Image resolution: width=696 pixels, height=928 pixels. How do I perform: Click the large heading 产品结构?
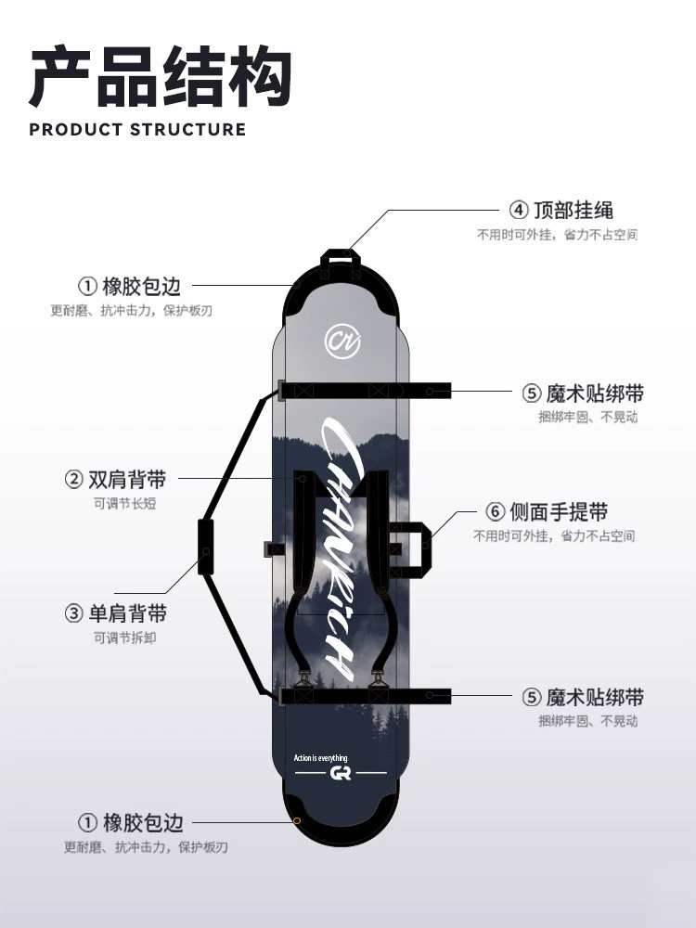[161, 78]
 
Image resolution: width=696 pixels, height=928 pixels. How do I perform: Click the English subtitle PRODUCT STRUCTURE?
[137, 130]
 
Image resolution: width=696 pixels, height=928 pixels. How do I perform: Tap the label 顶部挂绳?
[574, 210]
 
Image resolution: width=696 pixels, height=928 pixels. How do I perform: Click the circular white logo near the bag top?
[342, 341]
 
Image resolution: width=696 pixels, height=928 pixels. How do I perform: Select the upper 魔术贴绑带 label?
[595, 393]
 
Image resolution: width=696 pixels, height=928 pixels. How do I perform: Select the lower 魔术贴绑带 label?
[595, 697]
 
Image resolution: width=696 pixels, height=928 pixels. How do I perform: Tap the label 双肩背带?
[127, 480]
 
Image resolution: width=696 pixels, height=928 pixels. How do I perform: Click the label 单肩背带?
[127, 613]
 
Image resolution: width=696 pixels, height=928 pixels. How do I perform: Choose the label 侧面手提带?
[559, 511]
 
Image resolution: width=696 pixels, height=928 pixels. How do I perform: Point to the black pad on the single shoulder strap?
[205, 547]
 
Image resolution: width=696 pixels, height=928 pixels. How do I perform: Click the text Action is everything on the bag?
[321, 758]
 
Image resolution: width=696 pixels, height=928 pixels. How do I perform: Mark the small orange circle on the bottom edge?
[297, 821]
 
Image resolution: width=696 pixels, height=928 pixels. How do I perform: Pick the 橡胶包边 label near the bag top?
[141, 287]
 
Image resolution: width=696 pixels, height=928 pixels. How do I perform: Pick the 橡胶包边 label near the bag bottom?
[143, 822]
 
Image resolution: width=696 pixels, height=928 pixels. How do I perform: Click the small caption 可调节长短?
[125, 504]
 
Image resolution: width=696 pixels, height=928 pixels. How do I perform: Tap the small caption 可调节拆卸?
[125, 638]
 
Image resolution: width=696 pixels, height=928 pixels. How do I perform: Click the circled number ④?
[519, 210]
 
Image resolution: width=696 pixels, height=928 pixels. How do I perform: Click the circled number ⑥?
[495, 511]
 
